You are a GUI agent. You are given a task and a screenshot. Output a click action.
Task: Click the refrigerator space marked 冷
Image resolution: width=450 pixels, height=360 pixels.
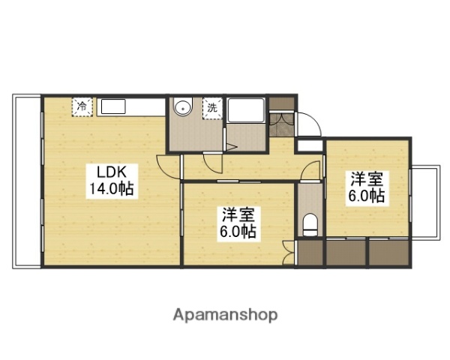82,106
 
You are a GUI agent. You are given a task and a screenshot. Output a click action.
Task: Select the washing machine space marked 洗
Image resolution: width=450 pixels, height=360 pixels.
213,108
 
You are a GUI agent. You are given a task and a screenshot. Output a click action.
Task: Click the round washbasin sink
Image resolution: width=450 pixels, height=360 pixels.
182,109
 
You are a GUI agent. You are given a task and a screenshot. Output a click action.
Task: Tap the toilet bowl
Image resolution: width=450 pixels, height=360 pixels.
310,223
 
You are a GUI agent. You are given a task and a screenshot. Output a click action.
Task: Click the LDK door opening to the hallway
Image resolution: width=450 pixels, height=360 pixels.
169,166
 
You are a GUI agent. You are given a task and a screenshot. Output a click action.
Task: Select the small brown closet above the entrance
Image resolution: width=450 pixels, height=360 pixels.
282,101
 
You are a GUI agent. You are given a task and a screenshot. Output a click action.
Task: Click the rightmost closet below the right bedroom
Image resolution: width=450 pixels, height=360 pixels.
388,252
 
